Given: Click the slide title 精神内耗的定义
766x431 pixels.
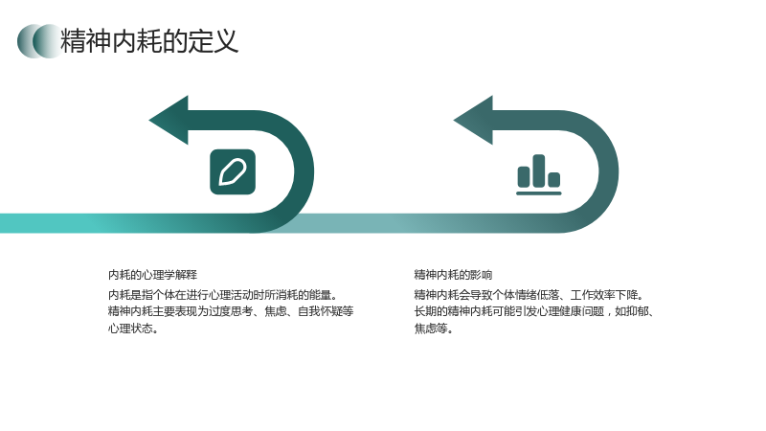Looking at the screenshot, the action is tap(149, 40).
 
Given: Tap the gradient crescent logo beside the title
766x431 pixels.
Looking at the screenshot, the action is tap(39, 41).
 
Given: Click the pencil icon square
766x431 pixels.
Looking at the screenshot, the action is tap(233, 172).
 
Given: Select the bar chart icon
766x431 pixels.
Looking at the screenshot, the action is tap(539, 175).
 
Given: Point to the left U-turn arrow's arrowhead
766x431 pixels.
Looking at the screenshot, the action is tap(169, 121).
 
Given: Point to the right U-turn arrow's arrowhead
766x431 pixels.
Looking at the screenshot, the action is tap(474, 121).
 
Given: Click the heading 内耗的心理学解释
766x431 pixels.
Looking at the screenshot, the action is tap(152, 275).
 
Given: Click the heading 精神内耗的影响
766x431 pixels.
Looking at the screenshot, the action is tap(453, 275).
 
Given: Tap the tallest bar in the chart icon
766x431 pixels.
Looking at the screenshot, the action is tap(539, 170).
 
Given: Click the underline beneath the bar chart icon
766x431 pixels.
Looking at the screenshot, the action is tap(539, 193).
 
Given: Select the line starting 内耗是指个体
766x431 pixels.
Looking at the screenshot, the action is tap(223, 295).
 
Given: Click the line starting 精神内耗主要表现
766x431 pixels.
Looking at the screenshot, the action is tap(231, 312).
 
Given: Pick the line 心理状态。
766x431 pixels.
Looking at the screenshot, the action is tap(133, 329).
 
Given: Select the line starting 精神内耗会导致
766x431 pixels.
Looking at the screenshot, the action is tap(529, 295).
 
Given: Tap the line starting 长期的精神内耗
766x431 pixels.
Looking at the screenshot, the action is tap(534, 312).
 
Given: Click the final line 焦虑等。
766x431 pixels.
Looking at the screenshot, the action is tap(434, 329).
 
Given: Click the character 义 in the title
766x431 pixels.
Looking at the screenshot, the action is tap(226, 40).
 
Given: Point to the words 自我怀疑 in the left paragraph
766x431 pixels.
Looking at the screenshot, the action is tap(320, 312).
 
